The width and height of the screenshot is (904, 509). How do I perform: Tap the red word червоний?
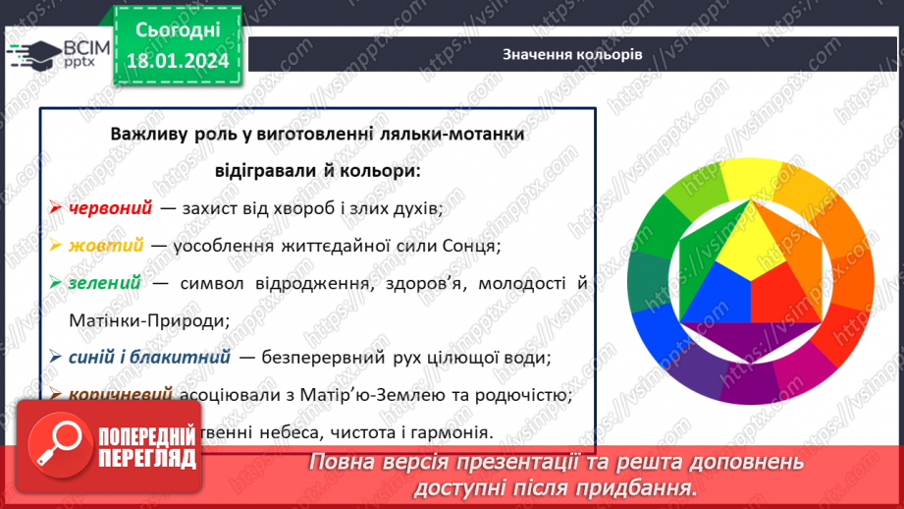tap(110, 207)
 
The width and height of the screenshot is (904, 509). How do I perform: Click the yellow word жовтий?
tap(106, 245)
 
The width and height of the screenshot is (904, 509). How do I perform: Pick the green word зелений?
tap(105, 282)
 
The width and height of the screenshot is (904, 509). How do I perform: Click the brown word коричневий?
tap(122, 395)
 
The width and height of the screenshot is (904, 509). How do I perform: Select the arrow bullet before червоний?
tap(55, 208)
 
